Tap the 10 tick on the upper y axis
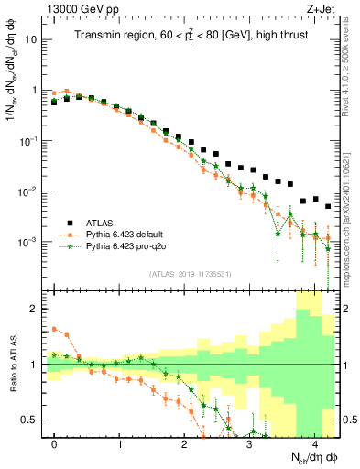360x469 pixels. click(x=31, y=40)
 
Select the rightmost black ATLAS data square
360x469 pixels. click(x=328, y=206)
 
